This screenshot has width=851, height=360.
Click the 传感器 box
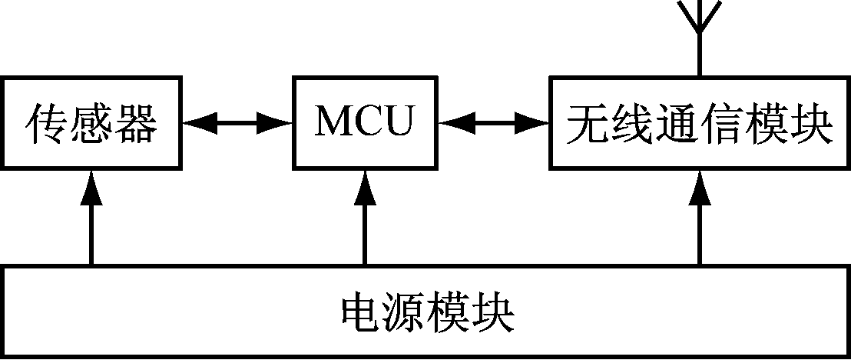[x=91, y=122]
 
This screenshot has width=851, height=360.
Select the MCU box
[x=364, y=122]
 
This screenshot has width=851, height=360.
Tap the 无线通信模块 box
[x=699, y=122]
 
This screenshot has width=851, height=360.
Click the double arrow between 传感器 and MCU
[x=238, y=122]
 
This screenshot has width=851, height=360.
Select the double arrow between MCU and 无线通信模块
[x=493, y=122]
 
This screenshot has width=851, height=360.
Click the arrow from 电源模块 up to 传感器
[x=91, y=219]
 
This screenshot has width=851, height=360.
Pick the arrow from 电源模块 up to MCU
[x=364, y=219]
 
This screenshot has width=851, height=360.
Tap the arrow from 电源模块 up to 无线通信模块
[x=699, y=219]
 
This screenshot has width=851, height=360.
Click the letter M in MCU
[x=331, y=122]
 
